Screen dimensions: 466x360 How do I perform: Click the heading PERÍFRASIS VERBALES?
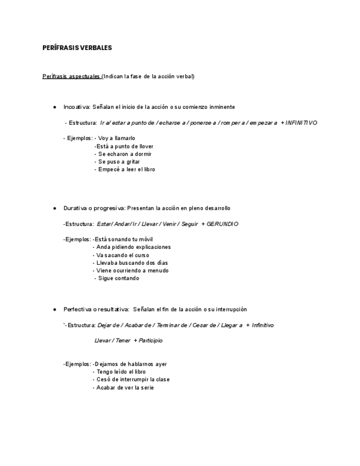tap(77, 48)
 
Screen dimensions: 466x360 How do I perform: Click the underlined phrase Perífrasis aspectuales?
tap(71, 76)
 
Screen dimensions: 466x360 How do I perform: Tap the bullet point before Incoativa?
tap(55, 107)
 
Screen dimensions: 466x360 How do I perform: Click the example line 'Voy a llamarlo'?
tap(117, 138)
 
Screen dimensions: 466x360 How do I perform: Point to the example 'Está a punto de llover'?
tap(124, 147)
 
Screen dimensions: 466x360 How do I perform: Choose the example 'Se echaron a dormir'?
tap(125, 154)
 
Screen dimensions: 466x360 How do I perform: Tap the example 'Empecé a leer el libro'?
tap(126, 170)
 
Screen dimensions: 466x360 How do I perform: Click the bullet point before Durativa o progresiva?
tap(55, 209)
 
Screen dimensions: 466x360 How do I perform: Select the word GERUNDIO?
tap(223, 224)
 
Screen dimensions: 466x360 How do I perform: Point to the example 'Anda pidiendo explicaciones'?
tap(133, 247)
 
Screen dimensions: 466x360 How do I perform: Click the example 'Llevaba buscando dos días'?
tap(132, 263)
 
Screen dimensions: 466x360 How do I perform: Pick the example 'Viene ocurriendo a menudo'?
tap(132, 271)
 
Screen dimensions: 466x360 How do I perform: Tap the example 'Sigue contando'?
tap(119, 279)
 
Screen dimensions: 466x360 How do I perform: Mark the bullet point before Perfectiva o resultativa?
tap(55, 310)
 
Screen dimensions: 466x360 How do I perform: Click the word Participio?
tap(151, 341)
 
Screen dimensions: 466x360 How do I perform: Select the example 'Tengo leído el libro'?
tap(121, 372)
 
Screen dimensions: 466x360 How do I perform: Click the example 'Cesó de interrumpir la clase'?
tap(132, 380)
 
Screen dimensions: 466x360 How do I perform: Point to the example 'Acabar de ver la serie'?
tap(125, 388)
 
